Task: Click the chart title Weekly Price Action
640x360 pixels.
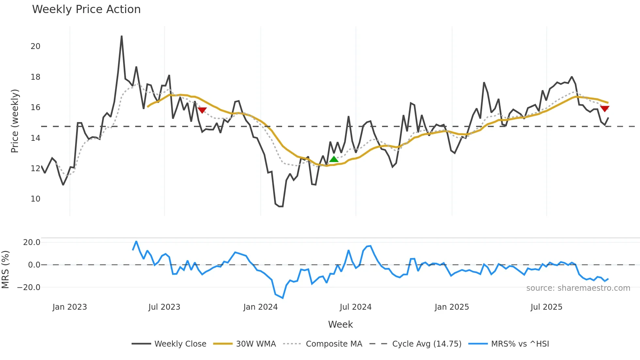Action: coord(86,9)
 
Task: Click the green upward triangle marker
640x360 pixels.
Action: coord(334,159)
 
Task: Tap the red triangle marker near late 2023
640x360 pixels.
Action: coord(202,110)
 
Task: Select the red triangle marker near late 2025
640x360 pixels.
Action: coord(604,109)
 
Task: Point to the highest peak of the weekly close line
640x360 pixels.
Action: coord(121,36)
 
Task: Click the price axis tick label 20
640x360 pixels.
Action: coord(35,46)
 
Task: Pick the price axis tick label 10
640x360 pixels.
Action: coord(35,199)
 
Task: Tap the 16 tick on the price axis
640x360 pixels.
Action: coord(35,107)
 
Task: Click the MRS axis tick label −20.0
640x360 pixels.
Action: coord(29,287)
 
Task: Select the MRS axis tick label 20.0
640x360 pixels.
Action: coord(31,242)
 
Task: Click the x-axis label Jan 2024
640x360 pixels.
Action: coord(260,307)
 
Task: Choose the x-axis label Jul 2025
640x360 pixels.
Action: coord(546,307)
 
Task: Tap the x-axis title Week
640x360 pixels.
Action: coord(340,324)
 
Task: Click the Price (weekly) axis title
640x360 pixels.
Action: coord(15,121)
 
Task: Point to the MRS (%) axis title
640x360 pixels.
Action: coord(6,270)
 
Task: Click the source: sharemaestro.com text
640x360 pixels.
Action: coord(578,288)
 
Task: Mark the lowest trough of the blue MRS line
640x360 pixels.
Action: coord(282,298)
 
